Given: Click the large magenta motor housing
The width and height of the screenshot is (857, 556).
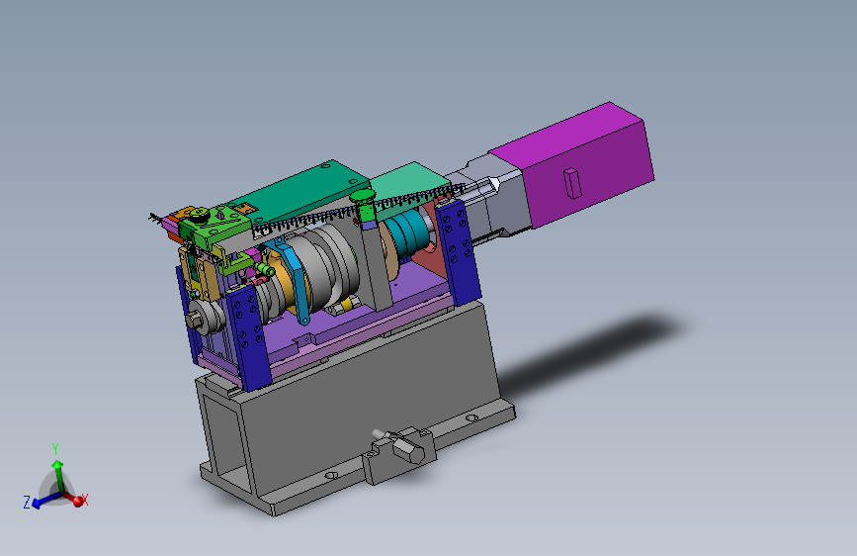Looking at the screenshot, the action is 574,164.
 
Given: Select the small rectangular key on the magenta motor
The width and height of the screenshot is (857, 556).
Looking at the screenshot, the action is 572,182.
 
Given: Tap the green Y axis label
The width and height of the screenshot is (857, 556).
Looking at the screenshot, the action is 54,449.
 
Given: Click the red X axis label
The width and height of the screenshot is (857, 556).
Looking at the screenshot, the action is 85,500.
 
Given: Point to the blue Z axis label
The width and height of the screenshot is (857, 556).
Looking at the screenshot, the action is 27,502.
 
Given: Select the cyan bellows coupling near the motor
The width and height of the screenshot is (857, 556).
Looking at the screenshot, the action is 407,234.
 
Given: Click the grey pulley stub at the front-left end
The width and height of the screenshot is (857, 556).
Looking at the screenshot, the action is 203,318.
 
